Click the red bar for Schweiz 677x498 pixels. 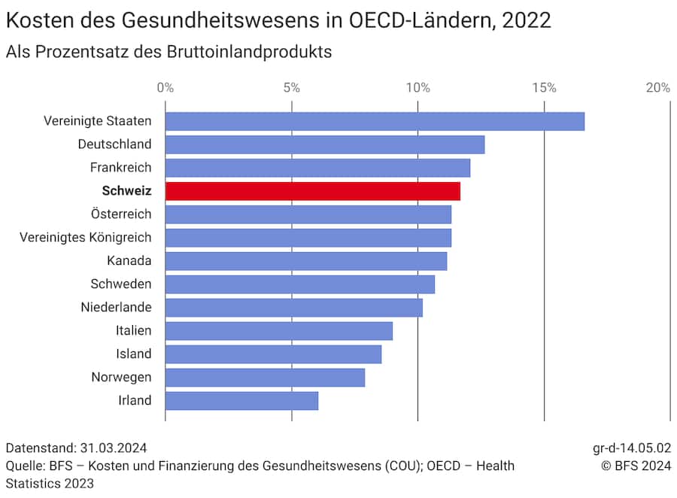312,191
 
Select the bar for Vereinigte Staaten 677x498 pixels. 375,121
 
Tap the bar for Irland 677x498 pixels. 241,400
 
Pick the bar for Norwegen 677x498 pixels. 265,377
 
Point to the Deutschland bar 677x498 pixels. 325,144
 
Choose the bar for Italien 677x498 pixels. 278,331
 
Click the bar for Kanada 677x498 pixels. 306,261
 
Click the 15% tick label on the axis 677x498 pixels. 544,87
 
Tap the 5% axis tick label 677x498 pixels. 292,87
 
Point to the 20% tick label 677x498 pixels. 657,87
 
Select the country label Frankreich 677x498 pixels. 120,167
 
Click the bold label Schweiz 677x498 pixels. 126,191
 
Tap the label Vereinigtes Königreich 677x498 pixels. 86,237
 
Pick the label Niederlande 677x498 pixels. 116,307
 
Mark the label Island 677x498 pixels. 134,354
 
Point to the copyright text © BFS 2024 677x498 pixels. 636,466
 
